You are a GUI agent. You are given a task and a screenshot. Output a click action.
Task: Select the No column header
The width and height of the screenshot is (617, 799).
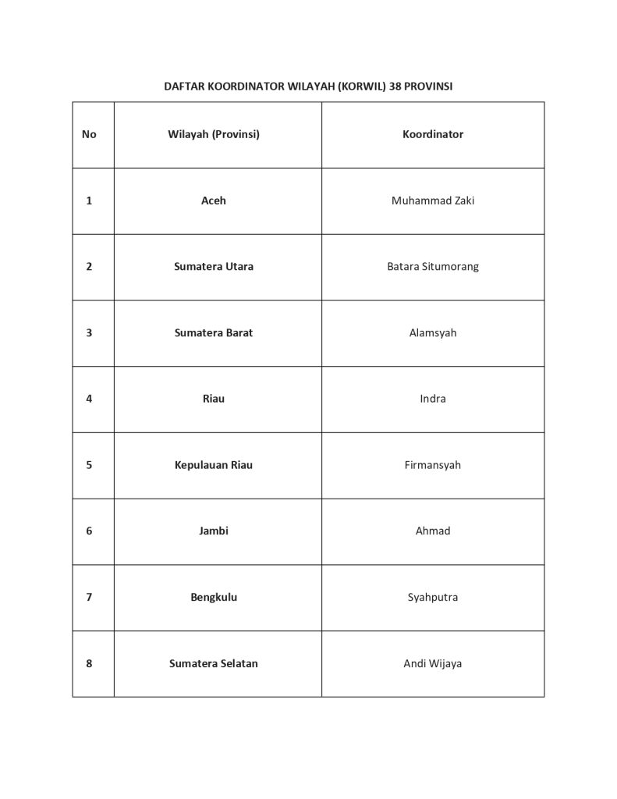89,134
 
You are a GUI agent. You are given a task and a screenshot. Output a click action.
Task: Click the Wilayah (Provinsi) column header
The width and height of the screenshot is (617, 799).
214,134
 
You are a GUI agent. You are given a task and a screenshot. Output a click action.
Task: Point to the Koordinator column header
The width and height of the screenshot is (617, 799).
433,134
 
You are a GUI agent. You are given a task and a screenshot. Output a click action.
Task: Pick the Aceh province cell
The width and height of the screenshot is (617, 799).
214,201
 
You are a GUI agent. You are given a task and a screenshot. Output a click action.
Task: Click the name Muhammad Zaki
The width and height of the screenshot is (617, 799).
433,201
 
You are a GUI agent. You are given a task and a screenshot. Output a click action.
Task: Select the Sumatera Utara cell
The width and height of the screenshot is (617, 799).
214,266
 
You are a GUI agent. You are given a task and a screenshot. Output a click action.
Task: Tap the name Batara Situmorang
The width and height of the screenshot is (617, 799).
433,266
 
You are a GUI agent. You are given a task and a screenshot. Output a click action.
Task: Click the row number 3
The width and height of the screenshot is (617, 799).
89,332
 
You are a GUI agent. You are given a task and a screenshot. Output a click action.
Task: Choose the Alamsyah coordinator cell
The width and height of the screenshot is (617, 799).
433,332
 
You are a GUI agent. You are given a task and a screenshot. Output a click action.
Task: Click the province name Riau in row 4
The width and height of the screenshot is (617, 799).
214,399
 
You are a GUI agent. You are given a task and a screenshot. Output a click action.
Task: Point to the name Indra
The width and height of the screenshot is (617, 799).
433,399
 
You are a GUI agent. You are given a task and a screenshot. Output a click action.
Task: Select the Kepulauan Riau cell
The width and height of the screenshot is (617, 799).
214,465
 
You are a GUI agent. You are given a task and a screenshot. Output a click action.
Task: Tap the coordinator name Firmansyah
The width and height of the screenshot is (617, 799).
433,465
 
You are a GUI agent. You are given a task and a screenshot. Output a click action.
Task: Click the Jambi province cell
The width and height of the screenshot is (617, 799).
214,531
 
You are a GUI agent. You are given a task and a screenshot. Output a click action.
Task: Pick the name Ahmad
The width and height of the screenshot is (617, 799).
433,531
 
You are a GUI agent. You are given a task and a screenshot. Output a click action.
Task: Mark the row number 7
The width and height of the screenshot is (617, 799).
89,598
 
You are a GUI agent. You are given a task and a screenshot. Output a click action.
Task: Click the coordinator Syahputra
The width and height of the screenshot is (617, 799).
433,598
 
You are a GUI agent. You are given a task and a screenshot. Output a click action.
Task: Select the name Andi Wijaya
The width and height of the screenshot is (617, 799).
433,664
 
